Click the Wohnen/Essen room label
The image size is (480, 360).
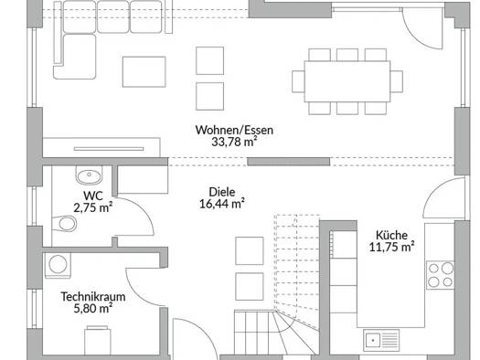pyautogui.click(x=234, y=131)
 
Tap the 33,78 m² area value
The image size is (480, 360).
pyautogui.click(x=234, y=142)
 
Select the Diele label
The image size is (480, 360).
pyautogui.click(x=222, y=192)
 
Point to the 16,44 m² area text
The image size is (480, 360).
pyautogui.click(x=222, y=204)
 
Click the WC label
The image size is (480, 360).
pyautogui.click(x=93, y=196)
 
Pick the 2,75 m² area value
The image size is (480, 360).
pyautogui.click(x=93, y=207)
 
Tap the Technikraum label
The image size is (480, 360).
pyautogui.click(x=93, y=297)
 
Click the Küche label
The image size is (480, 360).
pyautogui.click(x=392, y=235)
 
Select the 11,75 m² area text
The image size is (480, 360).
pyautogui.click(x=392, y=247)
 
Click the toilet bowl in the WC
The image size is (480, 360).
pyautogui.click(x=65, y=224)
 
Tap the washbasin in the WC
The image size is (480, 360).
pyautogui.click(x=89, y=175)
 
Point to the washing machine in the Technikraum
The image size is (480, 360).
pyautogui.click(x=58, y=265)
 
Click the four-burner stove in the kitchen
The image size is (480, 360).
pyautogui.click(x=441, y=275)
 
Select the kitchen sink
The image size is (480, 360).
pyautogui.click(x=381, y=340)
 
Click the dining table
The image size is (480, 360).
pyautogui.click(x=347, y=81)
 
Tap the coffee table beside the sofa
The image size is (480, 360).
pyautogui.click(x=144, y=72)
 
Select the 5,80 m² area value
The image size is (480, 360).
pyautogui.click(x=93, y=308)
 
